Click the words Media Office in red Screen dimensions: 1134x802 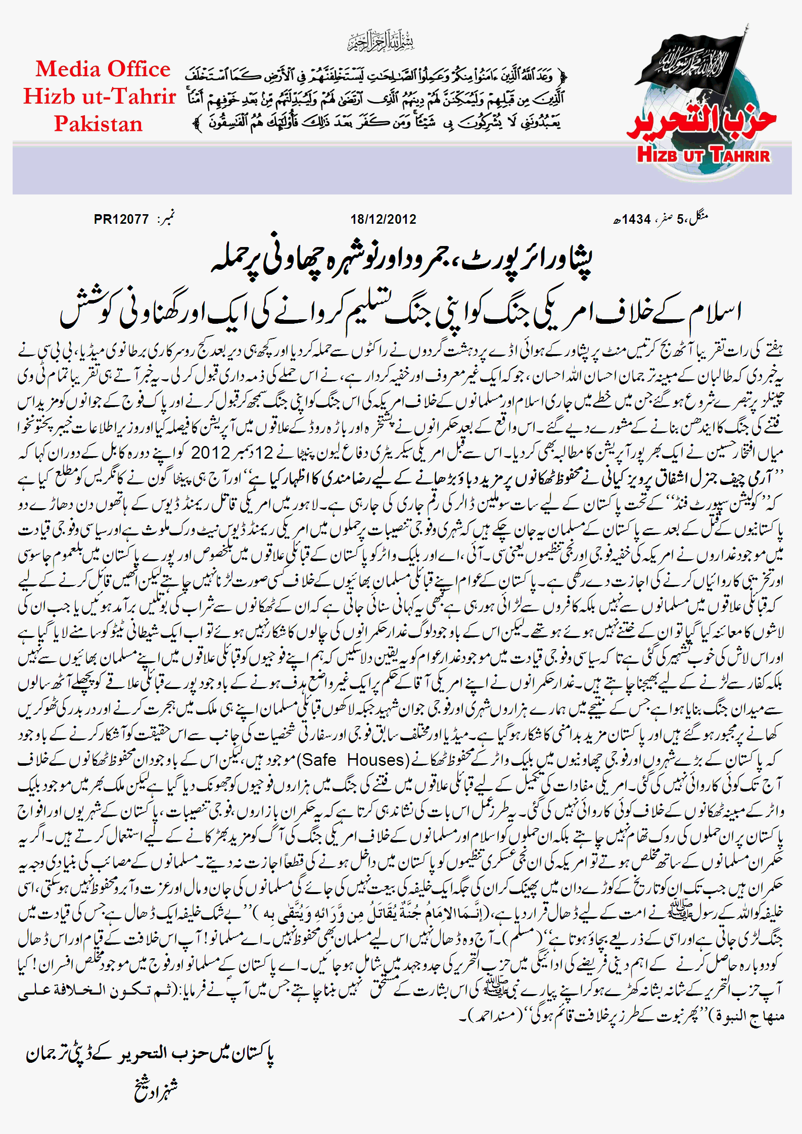click(x=103, y=69)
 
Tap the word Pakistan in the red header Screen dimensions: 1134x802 click(x=99, y=124)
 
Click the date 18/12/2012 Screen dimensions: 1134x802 click(x=383, y=219)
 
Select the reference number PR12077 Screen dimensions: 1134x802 click(x=121, y=219)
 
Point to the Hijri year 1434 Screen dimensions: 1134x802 click(x=636, y=219)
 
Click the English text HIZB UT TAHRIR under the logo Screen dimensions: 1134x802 click(x=703, y=155)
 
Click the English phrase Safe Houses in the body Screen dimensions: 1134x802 click(x=354, y=759)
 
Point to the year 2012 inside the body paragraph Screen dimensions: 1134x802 click(x=210, y=452)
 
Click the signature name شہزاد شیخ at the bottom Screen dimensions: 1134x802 click(x=156, y=1089)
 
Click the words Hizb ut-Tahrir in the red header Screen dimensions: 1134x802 click(x=100, y=96)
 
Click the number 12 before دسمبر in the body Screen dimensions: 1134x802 click(x=264, y=452)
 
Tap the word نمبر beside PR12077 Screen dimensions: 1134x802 click(x=165, y=219)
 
